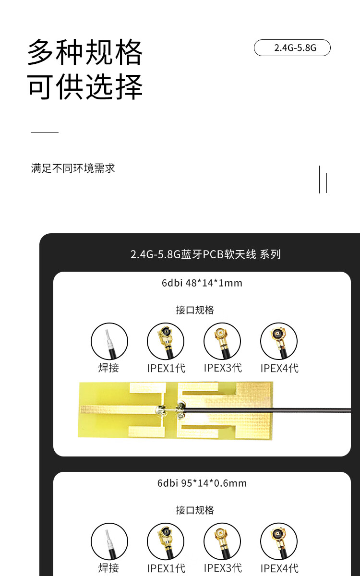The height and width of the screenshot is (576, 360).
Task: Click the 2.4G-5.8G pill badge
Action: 292,48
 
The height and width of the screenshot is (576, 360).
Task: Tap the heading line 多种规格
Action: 85,52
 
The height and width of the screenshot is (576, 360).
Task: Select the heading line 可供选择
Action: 85,87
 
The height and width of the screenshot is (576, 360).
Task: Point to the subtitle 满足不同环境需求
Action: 73,168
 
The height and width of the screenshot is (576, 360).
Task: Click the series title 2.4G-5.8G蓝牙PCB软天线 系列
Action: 205,254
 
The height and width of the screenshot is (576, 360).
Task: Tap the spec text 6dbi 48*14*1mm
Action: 202,283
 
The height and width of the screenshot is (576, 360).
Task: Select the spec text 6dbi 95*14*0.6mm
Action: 202,483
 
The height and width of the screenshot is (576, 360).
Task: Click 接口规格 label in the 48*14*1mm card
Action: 195,310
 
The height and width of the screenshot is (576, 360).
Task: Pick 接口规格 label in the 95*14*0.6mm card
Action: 195,510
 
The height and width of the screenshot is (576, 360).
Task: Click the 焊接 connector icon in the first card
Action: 109,341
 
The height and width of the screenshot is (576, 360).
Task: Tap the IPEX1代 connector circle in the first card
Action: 166,341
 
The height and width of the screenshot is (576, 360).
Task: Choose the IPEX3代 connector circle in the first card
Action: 222,341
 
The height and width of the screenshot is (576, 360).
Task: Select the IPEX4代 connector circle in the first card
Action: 279,341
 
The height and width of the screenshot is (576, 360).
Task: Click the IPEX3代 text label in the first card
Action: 223,368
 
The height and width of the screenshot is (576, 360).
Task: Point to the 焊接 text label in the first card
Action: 108,368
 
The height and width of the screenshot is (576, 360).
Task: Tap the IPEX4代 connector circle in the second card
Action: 279,541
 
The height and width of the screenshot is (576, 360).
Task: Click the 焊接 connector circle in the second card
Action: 109,541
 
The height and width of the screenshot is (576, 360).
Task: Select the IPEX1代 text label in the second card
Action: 166,568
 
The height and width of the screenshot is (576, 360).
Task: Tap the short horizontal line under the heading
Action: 44,132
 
